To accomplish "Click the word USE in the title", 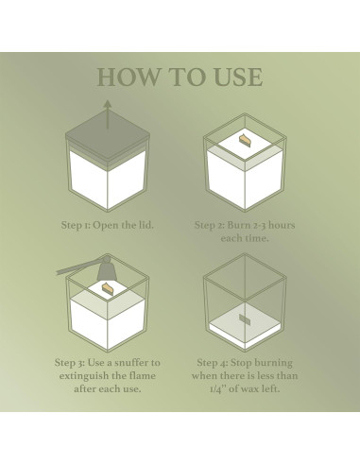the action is point(238,77).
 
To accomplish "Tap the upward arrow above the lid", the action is point(108,114).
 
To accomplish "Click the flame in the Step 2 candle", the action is point(245,140).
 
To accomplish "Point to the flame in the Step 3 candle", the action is point(106,288).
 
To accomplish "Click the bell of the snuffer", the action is point(108,269).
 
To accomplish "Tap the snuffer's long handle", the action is point(78,268).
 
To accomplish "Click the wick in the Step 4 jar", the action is point(245,319).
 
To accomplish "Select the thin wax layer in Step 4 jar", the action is point(245,327).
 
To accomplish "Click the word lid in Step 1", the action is point(146,225).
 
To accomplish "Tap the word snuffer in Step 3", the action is point(130,363).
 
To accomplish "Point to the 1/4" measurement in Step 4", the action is point(217,388).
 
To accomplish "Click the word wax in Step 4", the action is point(249,389).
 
